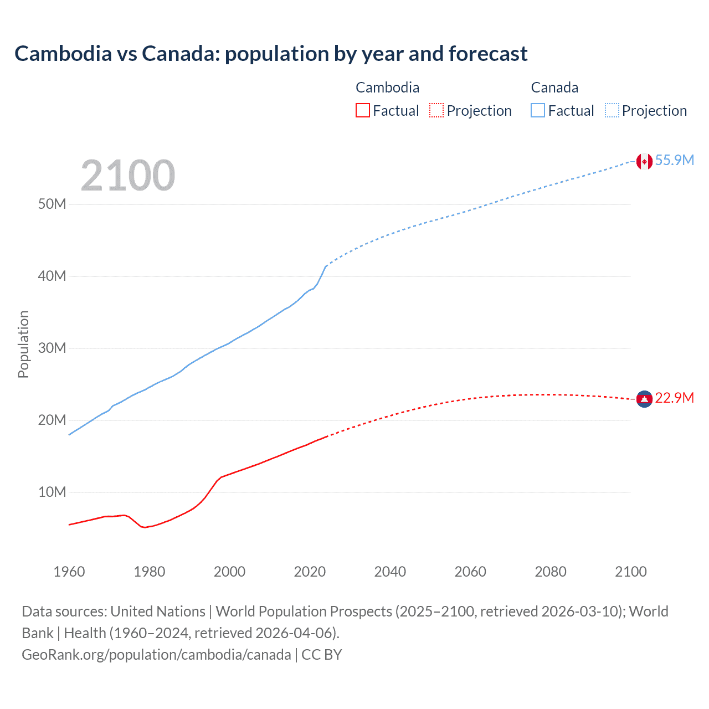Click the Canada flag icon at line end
point(644,161)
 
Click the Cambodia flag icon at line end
point(644,399)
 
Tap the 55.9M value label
point(674,160)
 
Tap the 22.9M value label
point(674,398)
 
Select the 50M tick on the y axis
point(52,204)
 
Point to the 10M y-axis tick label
point(52,492)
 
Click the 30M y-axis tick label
point(52,348)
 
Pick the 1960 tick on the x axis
point(69,572)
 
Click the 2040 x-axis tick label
point(390,572)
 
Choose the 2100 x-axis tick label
point(630,572)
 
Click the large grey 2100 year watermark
point(128,176)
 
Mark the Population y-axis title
point(23,344)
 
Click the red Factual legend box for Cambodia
point(362,110)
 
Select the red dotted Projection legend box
point(436,110)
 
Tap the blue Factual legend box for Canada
point(538,110)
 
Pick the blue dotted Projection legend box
point(612,110)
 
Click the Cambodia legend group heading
point(387,88)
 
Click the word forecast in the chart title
point(488,54)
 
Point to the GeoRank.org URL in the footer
point(156,655)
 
